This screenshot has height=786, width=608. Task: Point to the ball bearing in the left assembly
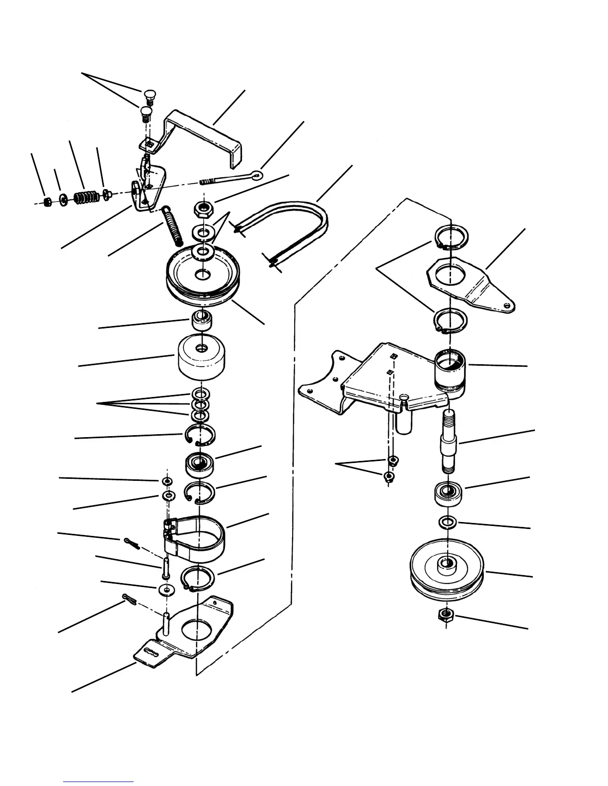click(x=199, y=464)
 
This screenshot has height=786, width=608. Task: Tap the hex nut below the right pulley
click(x=445, y=616)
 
